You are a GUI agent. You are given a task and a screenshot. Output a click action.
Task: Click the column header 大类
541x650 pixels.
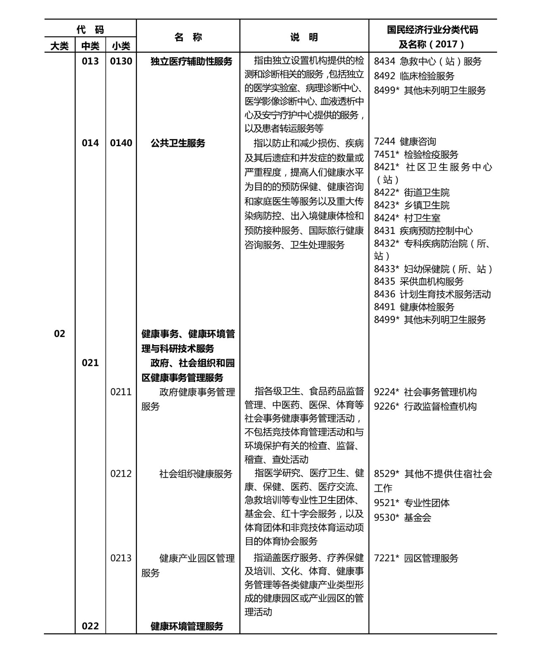pyautogui.click(x=60, y=46)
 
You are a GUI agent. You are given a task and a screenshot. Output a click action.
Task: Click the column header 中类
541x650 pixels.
pyautogui.click(x=90, y=46)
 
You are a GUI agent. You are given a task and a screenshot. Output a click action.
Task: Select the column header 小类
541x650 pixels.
pyautogui.click(x=121, y=46)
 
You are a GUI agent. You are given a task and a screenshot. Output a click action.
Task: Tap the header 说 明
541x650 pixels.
pyautogui.click(x=304, y=37)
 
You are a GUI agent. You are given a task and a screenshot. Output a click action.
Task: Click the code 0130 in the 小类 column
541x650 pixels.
pyautogui.click(x=121, y=61)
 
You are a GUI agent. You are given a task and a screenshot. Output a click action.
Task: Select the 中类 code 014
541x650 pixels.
pyautogui.click(x=90, y=143)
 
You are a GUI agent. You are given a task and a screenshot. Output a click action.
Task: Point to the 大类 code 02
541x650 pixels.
pyautogui.click(x=60, y=334)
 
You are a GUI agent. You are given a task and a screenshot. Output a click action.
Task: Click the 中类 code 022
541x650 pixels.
pyautogui.click(x=90, y=626)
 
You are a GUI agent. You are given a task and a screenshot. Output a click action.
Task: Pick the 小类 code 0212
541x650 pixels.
pyautogui.click(x=121, y=473)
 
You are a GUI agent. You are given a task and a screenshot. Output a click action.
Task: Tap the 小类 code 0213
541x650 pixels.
pyautogui.click(x=121, y=558)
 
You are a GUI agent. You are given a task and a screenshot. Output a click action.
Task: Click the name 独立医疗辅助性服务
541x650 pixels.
pyautogui.click(x=191, y=61)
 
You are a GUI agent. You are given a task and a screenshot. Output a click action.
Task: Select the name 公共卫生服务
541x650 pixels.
pyautogui.click(x=178, y=143)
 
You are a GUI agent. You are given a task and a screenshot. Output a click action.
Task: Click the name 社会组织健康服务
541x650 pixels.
pyautogui.click(x=196, y=473)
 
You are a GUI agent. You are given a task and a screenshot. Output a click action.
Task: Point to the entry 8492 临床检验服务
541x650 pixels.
pyautogui.click(x=414, y=76)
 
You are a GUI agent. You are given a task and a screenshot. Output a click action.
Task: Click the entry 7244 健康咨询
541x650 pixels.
pyautogui.click(x=405, y=141)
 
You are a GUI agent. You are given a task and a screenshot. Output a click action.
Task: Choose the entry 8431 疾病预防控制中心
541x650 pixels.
pyautogui.click(x=423, y=231)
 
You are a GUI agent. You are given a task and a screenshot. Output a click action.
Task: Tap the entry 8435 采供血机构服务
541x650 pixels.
pyautogui.click(x=418, y=281)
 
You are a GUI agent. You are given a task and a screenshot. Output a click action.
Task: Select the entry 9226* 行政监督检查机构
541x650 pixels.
pyautogui.click(x=425, y=406)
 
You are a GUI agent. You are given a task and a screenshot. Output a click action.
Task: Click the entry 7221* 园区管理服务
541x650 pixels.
pyautogui.click(x=416, y=558)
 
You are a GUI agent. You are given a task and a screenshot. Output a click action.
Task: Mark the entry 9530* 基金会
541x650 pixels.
pyautogui.click(x=402, y=517)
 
